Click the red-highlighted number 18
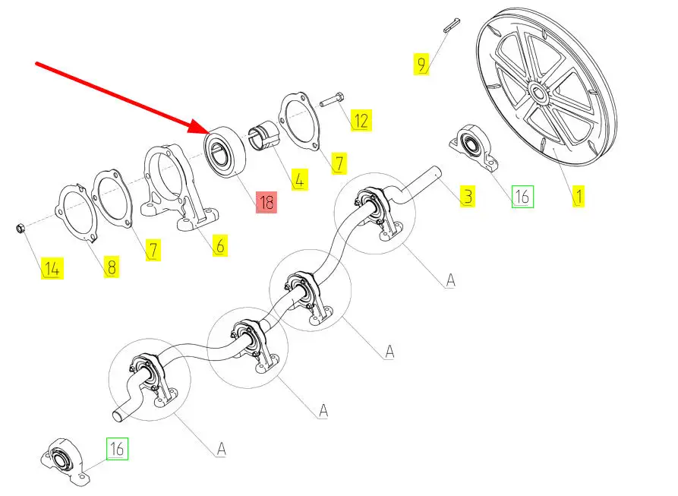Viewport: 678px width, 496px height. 266,201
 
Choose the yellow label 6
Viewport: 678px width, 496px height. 219,245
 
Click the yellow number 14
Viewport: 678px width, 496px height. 52,268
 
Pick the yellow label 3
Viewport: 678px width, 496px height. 468,196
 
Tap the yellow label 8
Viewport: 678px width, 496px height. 111,267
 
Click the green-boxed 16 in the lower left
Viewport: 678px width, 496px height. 117,450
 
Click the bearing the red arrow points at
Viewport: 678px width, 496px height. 226,152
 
